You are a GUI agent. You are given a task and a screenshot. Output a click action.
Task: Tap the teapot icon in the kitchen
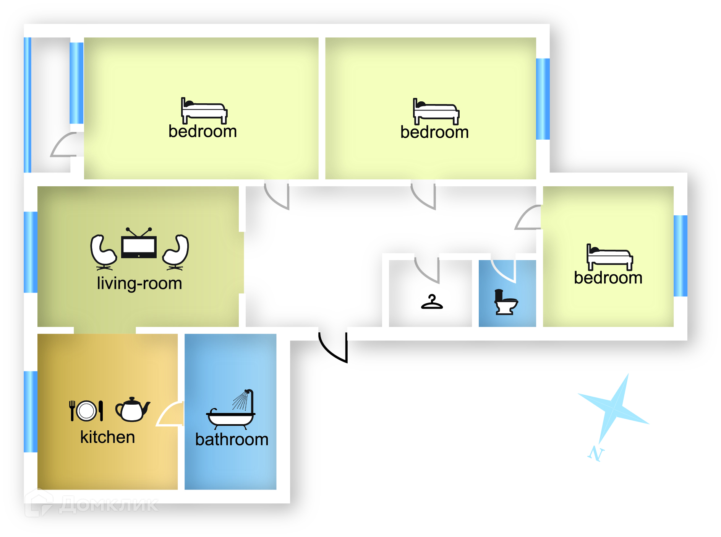click(132, 410)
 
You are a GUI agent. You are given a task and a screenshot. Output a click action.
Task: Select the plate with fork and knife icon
click(86, 411)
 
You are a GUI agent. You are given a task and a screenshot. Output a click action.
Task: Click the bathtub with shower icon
click(231, 410)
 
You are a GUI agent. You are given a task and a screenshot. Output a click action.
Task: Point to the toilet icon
click(505, 302)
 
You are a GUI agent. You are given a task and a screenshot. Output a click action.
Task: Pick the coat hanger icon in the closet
click(432, 302)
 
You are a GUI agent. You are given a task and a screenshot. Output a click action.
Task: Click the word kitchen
click(107, 437)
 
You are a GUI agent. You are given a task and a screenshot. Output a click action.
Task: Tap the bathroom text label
click(232, 439)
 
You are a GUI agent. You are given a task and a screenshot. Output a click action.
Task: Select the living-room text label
click(139, 283)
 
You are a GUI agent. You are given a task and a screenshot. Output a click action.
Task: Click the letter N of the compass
click(595, 454)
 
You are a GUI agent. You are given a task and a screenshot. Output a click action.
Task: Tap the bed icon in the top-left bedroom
click(204, 111)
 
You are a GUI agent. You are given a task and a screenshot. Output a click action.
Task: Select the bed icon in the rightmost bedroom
click(609, 257)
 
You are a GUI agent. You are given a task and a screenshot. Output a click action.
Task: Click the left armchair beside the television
click(102, 252)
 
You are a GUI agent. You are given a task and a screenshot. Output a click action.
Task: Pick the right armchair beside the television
click(176, 252)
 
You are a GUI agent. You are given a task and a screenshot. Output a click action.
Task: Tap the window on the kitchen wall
click(30, 412)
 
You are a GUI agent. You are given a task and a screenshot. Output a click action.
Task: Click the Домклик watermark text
click(109, 504)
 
